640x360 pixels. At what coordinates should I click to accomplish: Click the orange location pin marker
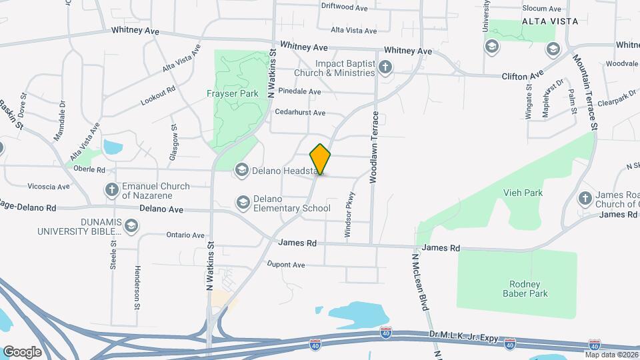click(321, 160)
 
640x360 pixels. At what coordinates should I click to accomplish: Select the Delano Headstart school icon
click(241, 171)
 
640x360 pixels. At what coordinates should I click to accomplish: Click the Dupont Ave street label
click(285, 265)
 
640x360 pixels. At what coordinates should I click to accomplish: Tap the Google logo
click(22, 351)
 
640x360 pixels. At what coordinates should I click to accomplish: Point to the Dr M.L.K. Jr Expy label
click(453, 339)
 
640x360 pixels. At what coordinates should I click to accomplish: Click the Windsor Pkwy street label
click(348, 215)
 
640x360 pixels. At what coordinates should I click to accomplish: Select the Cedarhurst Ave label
click(300, 113)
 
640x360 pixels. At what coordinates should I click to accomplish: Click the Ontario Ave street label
click(185, 235)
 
